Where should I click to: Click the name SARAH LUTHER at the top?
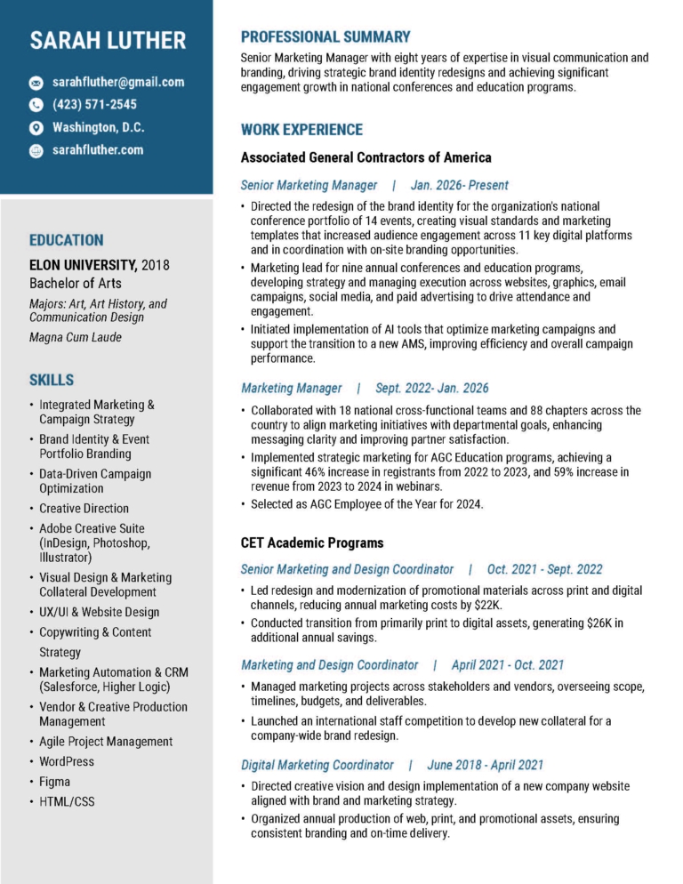click(108, 40)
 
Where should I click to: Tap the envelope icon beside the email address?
click(36, 83)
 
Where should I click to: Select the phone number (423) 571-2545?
click(94, 105)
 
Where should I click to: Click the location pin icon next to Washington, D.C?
click(36, 128)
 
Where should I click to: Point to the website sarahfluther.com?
click(98, 150)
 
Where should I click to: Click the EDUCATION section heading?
click(67, 240)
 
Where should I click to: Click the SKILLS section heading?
click(52, 380)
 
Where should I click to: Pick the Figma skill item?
click(54, 782)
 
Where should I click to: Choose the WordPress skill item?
click(66, 761)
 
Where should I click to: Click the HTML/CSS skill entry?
click(67, 802)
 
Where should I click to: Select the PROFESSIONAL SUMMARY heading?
click(325, 37)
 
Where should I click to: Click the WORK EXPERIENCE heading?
click(301, 130)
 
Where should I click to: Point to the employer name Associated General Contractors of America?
click(366, 158)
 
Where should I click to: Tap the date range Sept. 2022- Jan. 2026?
click(431, 389)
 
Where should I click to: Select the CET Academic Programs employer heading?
click(312, 542)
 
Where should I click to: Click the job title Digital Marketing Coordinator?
click(317, 765)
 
